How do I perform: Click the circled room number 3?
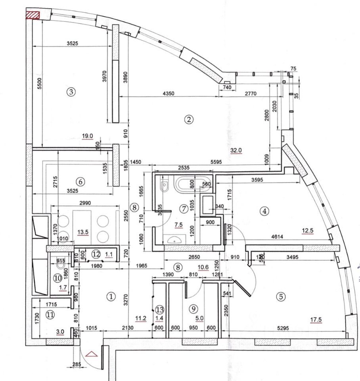(71, 92)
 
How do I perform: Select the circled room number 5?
(281, 296)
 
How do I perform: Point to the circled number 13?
(159, 309)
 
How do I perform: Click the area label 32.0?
(236, 150)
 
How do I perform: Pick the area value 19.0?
(87, 136)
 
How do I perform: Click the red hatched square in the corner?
(33, 15)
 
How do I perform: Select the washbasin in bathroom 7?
(174, 239)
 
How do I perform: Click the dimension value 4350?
(168, 93)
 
